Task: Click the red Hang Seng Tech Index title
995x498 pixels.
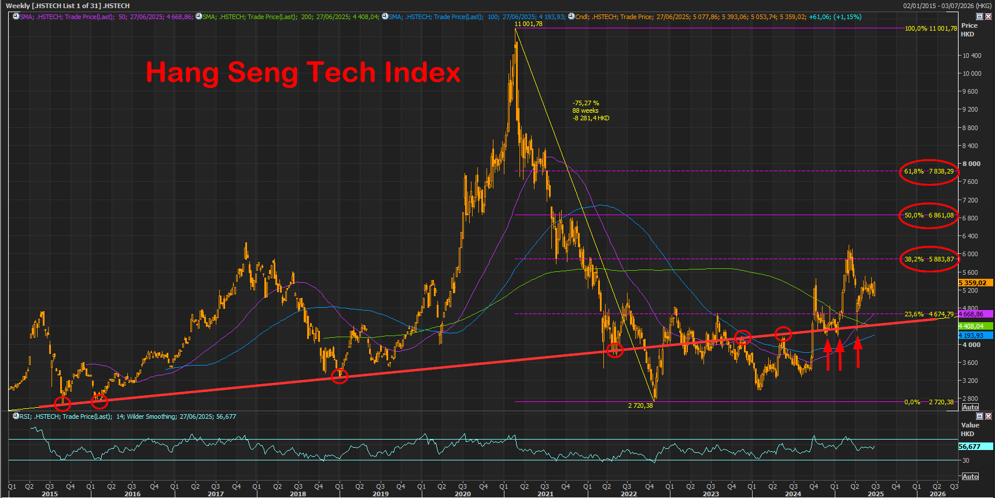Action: click(303, 72)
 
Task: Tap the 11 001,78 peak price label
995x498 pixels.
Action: click(528, 24)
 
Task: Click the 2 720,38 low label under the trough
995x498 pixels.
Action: click(640, 405)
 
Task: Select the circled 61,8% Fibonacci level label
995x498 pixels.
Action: click(928, 171)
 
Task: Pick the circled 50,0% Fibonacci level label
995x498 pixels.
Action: click(928, 215)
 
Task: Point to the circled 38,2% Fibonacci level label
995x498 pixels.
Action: click(928, 259)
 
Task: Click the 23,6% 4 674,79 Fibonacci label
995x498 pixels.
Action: click(928, 314)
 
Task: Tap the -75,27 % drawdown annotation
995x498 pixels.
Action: click(586, 103)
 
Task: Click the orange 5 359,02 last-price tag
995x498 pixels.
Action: click(975, 283)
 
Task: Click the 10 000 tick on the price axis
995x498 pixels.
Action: click(972, 73)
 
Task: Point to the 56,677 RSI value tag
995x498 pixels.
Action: click(975, 447)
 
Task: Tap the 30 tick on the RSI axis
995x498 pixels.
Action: click(965, 460)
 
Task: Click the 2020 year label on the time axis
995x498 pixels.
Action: click(463, 494)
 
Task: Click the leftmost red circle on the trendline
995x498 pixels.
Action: click(62, 403)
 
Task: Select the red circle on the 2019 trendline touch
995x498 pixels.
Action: click(340, 377)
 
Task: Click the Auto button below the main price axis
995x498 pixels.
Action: click(970, 407)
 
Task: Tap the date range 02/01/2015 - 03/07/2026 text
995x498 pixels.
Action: click(947, 6)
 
